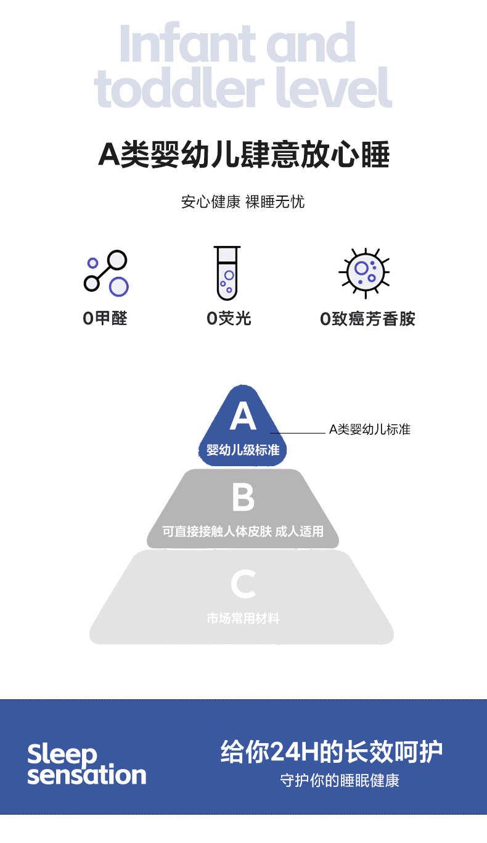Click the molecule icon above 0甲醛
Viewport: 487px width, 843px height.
(106, 273)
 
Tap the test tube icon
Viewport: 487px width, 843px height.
(227, 273)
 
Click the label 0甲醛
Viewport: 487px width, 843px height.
(105, 318)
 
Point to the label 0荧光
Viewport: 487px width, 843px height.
(229, 318)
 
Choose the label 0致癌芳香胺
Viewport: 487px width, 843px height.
(367, 319)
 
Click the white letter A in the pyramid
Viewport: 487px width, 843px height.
(243, 417)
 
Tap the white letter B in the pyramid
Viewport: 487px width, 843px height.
(243, 498)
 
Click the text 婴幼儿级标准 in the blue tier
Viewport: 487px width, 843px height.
(243, 450)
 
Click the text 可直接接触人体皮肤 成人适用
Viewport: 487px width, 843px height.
(243, 531)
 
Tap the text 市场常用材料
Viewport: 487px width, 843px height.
(243, 618)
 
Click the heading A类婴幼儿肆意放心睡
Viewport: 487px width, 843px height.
(243, 155)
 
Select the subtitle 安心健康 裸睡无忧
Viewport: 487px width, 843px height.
(243, 202)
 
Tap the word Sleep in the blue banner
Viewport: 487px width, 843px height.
(62, 754)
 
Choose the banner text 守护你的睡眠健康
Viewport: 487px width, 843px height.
(340, 781)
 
